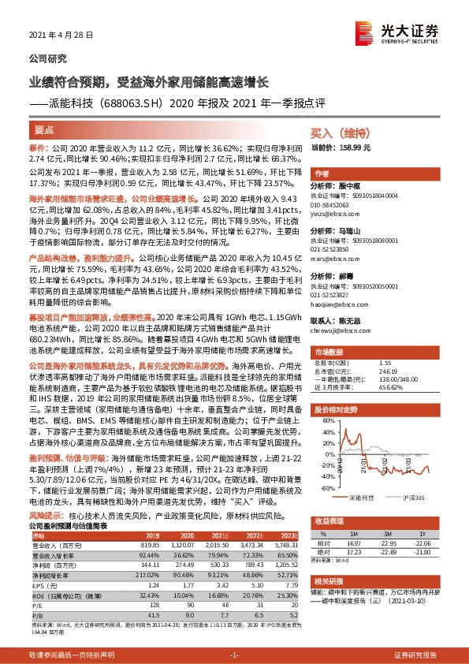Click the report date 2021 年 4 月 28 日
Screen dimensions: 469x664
pyautogui.click(x=61, y=35)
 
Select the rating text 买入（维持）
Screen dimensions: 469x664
pyautogui.click(x=341, y=135)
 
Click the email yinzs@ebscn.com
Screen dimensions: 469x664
pyautogui.click(x=333, y=211)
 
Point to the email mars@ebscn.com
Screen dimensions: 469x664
pyautogui.click(x=334, y=257)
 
